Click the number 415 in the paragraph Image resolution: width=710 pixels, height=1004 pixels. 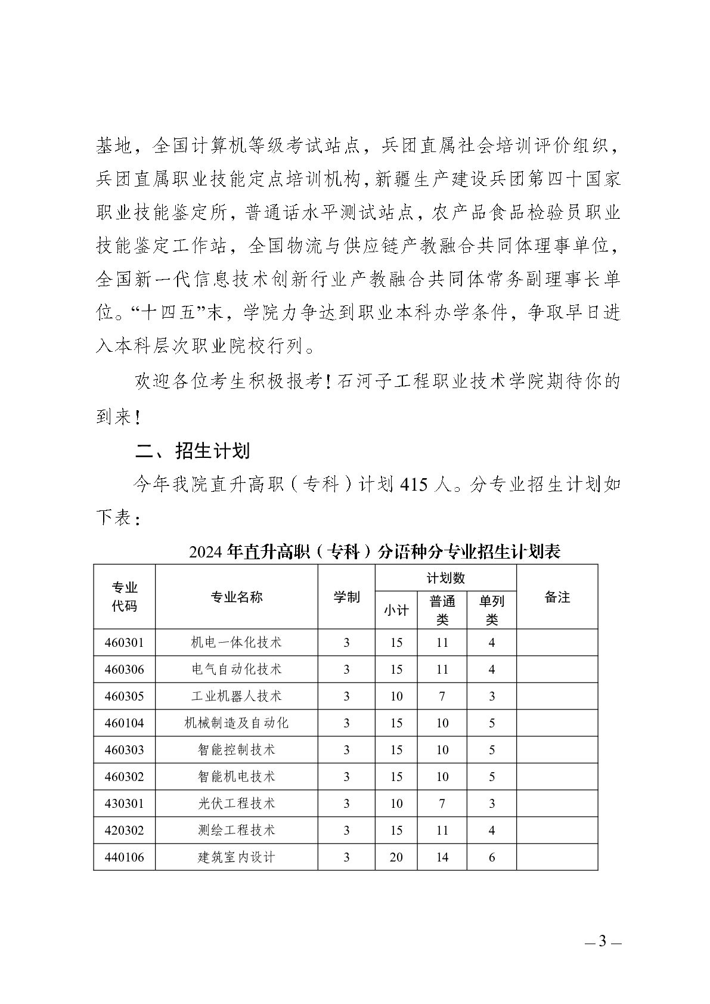point(415,484)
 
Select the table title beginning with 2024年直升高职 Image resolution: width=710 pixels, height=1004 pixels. point(374,551)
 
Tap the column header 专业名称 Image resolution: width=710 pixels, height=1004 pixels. point(236,597)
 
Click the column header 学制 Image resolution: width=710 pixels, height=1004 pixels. point(346,597)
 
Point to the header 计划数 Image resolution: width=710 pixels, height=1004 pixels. point(445,578)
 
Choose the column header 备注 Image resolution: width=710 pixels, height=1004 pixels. point(557,597)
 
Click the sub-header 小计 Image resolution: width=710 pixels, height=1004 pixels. point(396,611)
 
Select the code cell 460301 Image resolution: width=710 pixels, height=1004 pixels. point(124,643)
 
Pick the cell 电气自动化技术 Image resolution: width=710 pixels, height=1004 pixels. point(236,670)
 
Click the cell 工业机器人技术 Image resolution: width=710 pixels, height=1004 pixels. point(236,696)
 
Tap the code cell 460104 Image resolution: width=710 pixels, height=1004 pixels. point(124,723)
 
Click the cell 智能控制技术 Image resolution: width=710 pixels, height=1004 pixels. point(236,750)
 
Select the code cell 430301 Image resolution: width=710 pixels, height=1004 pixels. point(124,804)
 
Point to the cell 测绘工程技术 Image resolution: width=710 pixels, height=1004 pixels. point(236,831)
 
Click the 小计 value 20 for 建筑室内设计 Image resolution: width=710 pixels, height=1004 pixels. point(396,857)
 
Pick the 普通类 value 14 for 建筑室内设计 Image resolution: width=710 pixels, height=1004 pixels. point(442,857)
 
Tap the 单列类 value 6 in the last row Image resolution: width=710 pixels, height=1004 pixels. point(492,857)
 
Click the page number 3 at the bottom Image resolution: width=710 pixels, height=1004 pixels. point(602,942)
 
